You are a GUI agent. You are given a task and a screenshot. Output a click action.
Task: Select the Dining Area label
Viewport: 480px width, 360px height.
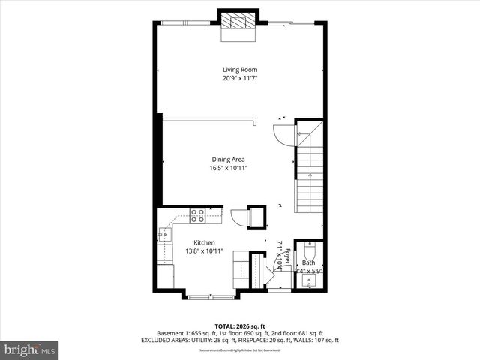(x=228, y=159)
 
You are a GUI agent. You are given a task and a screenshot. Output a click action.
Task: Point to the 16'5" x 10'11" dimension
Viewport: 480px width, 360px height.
(x=228, y=168)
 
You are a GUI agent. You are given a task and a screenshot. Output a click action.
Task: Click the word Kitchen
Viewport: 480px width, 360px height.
(x=205, y=242)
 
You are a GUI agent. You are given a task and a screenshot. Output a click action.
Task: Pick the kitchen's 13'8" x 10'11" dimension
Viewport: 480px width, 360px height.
(x=205, y=251)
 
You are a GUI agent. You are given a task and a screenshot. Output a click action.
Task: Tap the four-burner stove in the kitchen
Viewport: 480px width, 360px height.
(x=198, y=216)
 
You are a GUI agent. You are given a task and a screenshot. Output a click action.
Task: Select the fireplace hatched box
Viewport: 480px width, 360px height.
(x=239, y=22)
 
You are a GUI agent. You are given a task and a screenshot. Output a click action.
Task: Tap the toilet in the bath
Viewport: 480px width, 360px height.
(x=310, y=250)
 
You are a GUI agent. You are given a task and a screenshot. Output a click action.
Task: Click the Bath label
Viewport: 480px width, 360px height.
(x=309, y=262)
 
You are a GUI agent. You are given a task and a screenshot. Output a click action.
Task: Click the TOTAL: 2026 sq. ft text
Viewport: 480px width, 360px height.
(x=239, y=325)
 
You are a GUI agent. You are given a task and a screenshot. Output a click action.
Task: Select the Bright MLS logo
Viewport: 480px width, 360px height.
(x=30, y=349)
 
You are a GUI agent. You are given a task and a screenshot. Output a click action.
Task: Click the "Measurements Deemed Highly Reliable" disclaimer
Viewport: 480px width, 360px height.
(x=239, y=349)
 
